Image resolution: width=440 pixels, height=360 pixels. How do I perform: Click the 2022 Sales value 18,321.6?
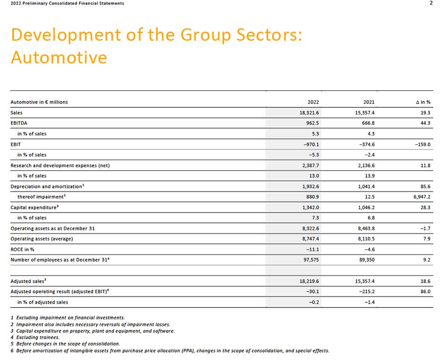[309, 112]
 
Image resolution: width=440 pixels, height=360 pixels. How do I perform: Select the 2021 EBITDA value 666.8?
[368, 123]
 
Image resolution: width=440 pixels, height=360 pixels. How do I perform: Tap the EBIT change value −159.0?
[423, 144]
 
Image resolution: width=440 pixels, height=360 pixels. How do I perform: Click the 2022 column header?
[313, 102]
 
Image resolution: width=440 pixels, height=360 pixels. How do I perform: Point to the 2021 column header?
[369, 102]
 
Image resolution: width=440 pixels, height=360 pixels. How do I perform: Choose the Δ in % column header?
[423, 102]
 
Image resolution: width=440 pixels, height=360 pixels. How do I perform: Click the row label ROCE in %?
[22, 249]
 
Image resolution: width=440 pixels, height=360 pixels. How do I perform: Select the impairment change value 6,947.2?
[422, 196]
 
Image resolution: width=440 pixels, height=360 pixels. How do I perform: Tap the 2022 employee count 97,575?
[311, 260]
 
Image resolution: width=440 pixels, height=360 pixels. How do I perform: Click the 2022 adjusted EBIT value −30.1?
[313, 291]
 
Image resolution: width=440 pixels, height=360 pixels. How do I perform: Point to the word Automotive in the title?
[59, 57]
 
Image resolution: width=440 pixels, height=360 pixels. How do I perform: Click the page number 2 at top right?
[431, 3]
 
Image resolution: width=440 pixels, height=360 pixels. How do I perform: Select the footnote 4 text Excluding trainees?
[38, 337]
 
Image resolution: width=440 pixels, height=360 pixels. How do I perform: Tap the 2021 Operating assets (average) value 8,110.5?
[366, 239]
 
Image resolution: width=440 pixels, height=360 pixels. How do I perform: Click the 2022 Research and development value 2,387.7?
[311, 165]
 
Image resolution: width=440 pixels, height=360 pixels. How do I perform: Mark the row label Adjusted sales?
[28, 281]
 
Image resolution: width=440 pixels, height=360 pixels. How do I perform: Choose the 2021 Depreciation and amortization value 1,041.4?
[366, 186]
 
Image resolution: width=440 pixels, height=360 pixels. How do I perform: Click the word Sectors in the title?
[269, 35]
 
